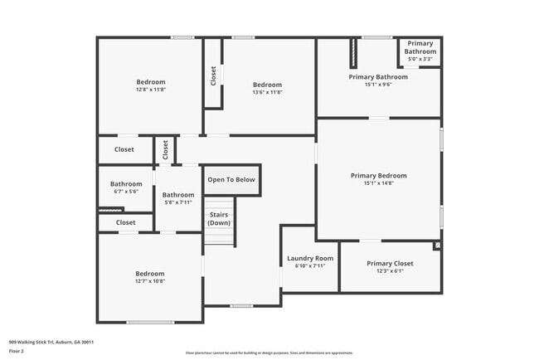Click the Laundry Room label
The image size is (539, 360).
pos(310,259)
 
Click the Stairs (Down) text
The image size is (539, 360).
pos(219,219)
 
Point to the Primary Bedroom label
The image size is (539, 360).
pos(378,176)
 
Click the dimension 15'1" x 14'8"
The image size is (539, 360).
pos(378,184)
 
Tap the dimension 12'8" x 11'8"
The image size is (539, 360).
pos(151,91)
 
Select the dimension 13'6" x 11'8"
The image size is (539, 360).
pos(267,93)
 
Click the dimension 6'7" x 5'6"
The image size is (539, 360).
pos(126,192)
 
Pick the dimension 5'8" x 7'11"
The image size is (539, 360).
pos(178,202)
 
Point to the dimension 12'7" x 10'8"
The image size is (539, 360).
pos(150,281)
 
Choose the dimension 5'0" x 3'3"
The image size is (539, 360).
pos(420,59)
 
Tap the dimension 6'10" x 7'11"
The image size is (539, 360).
pos(310,266)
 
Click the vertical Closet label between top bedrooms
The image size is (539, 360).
pos(213,76)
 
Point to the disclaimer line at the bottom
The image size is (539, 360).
pos(269,353)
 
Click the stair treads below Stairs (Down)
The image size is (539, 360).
pos(220,236)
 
